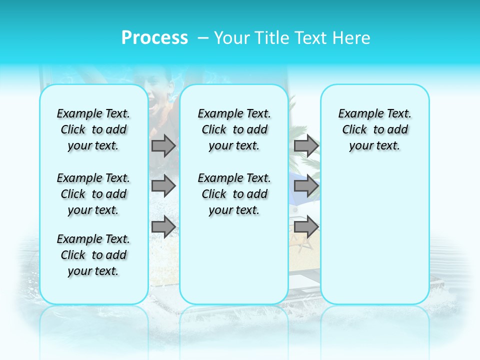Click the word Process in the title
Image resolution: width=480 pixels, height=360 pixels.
pyautogui.click(x=154, y=38)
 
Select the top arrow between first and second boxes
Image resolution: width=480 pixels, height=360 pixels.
pyautogui.click(x=163, y=146)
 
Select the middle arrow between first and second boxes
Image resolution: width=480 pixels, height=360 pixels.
pyautogui.click(x=163, y=186)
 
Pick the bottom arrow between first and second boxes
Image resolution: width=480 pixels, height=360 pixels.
pyautogui.click(x=163, y=227)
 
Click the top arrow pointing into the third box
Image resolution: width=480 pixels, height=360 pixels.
pyautogui.click(x=306, y=146)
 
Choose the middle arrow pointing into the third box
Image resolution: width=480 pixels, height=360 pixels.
pyautogui.click(x=306, y=186)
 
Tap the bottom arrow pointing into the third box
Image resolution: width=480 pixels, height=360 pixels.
pyautogui.click(x=306, y=227)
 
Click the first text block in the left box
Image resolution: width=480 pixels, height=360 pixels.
pyautogui.click(x=93, y=129)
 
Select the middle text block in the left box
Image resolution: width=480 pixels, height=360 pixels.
pyautogui.click(x=93, y=194)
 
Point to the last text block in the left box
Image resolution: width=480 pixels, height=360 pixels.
pyautogui.click(x=93, y=255)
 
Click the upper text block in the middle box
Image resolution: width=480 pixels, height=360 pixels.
pyautogui.click(x=234, y=129)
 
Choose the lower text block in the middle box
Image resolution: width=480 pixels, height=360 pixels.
pyautogui.click(x=234, y=194)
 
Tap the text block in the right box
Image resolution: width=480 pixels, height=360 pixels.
pyautogui.click(x=374, y=129)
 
